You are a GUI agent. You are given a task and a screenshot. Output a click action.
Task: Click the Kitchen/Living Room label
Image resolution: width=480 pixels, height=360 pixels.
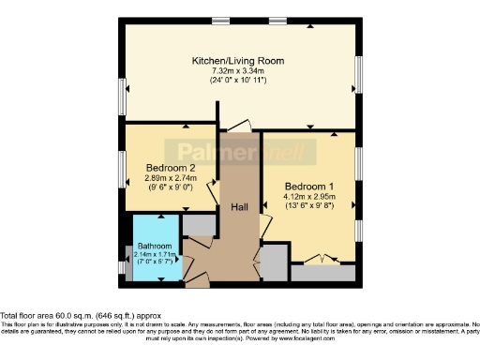coord(238,61)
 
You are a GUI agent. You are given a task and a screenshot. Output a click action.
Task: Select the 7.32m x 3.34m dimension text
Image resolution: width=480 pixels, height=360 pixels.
coord(238,71)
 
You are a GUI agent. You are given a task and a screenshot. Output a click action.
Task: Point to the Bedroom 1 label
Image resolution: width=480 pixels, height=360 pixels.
coord(309,186)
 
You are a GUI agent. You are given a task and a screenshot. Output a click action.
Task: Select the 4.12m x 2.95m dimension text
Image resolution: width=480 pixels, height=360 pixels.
coord(309,197)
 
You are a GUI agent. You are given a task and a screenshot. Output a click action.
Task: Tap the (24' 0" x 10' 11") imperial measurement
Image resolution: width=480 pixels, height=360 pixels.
coord(238,82)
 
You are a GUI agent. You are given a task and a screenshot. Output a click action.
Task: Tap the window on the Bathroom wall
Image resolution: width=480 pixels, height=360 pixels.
coord(124,267)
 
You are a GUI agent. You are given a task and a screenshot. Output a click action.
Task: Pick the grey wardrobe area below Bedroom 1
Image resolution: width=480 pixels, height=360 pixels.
coord(323,273)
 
